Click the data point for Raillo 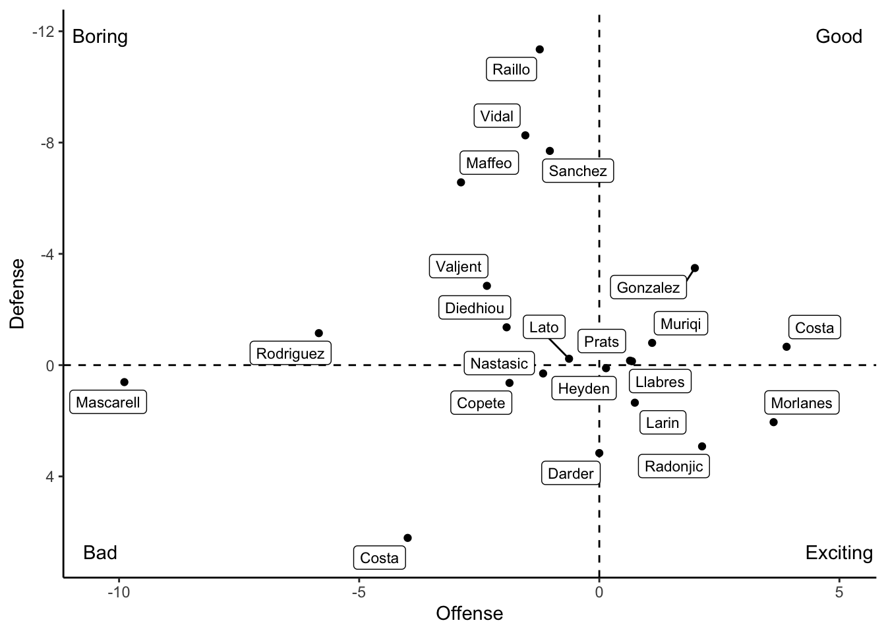pyautogui.click(x=539, y=49)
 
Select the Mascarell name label pyautogui.click(x=108, y=402)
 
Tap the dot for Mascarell pyautogui.click(x=124, y=382)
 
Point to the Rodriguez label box pyautogui.click(x=290, y=353)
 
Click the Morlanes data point pyautogui.click(x=773, y=422)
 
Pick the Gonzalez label pyautogui.click(x=648, y=287)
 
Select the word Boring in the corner pyautogui.click(x=100, y=36)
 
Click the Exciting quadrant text pyautogui.click(x=839, y=553)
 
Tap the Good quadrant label pyautogui.click(x=839, y=36)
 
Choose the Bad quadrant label pyautogui.click(x=100, y=553)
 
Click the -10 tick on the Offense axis pyautogui.click(x=119, y=593)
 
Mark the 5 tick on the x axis pyautogui.click(x=839, y=593)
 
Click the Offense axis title pyautogui.click(x=469, y=614)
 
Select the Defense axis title pyautogui.click(x=18, y=293)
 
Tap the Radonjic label pyautogui.click(x=674, y=466)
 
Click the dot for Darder pyautogui.click(x=599, y=453)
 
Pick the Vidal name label pyautogui.click(x=496, y=116)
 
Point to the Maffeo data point pyautogui.click(x=461, y=182)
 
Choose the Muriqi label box pyautogui.click(x=681, y=324)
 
